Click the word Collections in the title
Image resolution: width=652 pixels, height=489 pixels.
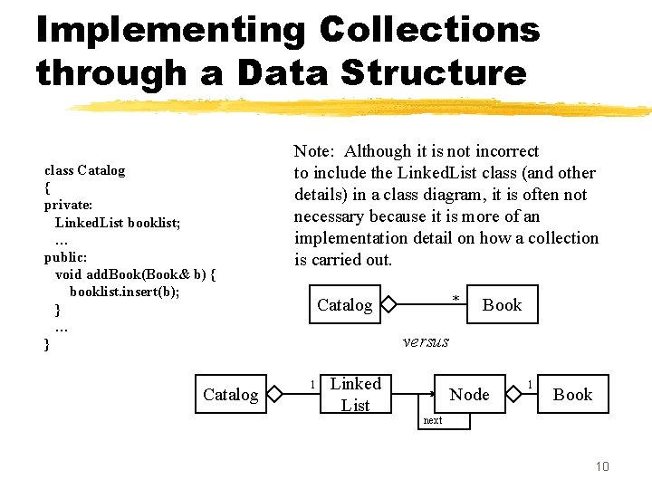(429, 30)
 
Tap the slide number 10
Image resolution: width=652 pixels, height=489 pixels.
(602, 465)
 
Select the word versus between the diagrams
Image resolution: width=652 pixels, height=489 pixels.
(426, 341)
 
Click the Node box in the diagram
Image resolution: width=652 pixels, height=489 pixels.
(469, 394)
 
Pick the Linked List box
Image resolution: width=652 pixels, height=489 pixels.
(355, 394)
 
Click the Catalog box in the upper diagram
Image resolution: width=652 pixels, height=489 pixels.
(344, 304)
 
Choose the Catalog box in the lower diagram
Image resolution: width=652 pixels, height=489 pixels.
(230, 394)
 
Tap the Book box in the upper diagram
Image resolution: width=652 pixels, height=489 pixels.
(502, 304)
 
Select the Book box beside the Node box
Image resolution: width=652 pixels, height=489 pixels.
(572, 394)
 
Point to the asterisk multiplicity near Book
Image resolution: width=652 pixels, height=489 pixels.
(456, 298)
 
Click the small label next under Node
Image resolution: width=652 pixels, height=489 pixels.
(433, 420)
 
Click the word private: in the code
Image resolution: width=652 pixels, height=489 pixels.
(69, 205)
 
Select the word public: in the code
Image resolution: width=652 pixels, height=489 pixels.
(66, 256)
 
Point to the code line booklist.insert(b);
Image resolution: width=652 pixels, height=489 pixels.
(125, 292)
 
